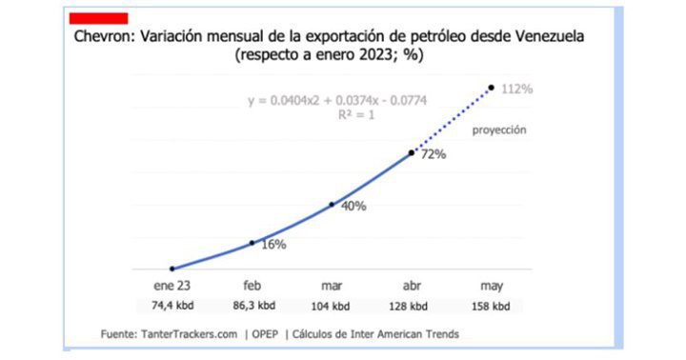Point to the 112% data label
(516, 89)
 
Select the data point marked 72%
(412, 152)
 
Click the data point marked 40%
(332, 204)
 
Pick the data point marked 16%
(252, 243)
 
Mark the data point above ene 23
(171, 269)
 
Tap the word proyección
(500, 129)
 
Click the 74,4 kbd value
(172, 307)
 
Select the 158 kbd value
(492, 307)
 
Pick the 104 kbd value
(333, 307)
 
